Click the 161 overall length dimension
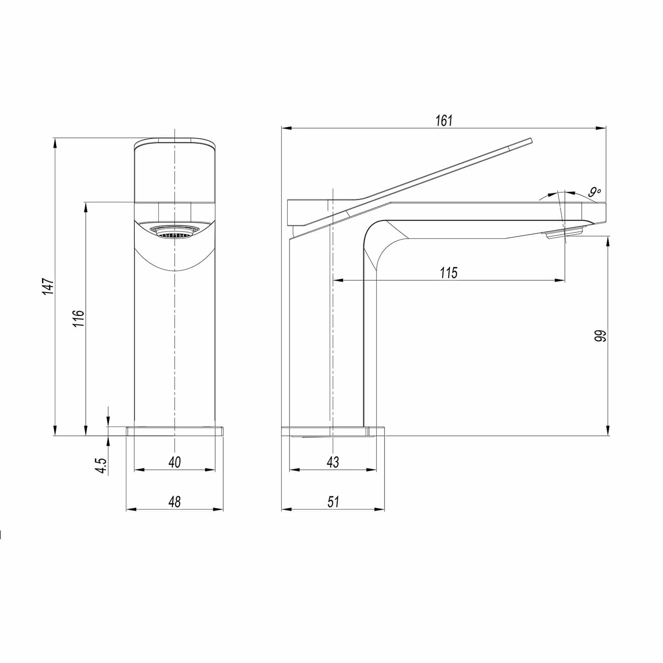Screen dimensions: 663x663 click(444, 121)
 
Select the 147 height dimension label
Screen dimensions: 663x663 click(48, 286)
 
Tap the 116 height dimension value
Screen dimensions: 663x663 click(78, 318)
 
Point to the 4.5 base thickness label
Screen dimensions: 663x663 click(102, 465)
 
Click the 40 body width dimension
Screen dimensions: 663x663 click(175, 462)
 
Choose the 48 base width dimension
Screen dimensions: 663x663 click(175, 502)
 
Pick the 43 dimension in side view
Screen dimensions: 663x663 click(333, 462)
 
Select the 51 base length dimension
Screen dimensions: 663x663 click(333, 502)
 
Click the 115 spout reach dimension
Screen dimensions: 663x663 click(449, 273)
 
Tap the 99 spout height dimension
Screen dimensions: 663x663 click(600, 336)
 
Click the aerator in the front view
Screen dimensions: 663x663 click(175, 231)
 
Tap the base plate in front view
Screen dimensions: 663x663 click(175, 431)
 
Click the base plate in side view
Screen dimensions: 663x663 click(332, 431)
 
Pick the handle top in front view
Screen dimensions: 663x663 click(175, 144)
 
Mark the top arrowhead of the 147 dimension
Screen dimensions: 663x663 click(55, 142)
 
